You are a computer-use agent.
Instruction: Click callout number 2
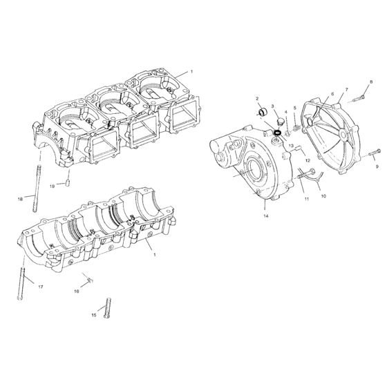[x=257, y=99]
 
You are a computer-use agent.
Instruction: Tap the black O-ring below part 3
[x=277, y=132]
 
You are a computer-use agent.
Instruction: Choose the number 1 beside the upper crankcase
[x=191, y=72]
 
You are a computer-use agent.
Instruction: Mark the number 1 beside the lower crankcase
[x=153, y=255]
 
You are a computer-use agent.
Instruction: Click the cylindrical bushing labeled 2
[x=262, y=113]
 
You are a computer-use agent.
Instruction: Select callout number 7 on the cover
[x=346, y=90]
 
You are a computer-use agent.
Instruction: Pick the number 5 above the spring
[x=294, y=108]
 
